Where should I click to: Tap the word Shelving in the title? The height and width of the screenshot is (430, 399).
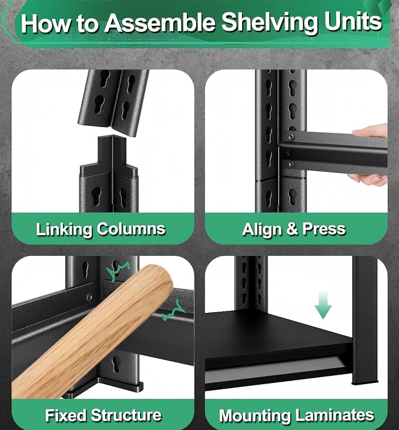(270, 24)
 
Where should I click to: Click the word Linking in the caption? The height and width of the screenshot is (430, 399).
(64, 229)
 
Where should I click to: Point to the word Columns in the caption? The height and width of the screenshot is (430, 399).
(131, 228)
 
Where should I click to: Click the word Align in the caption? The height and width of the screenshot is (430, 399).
(262, 229)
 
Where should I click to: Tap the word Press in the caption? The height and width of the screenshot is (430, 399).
(324, 229)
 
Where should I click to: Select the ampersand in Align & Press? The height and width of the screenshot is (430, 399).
(292, 229)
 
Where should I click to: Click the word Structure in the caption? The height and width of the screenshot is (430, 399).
(126, 415)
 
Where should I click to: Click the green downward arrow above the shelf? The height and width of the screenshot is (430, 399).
(323, 305)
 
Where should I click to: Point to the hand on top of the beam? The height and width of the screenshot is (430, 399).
(370, 131)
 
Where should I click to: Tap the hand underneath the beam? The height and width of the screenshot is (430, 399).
(368, 179)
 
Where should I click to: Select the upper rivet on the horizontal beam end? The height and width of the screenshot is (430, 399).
(290, 136)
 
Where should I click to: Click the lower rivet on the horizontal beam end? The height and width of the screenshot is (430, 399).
(291, 164)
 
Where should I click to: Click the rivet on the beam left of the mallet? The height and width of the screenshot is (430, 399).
(89, 297)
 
